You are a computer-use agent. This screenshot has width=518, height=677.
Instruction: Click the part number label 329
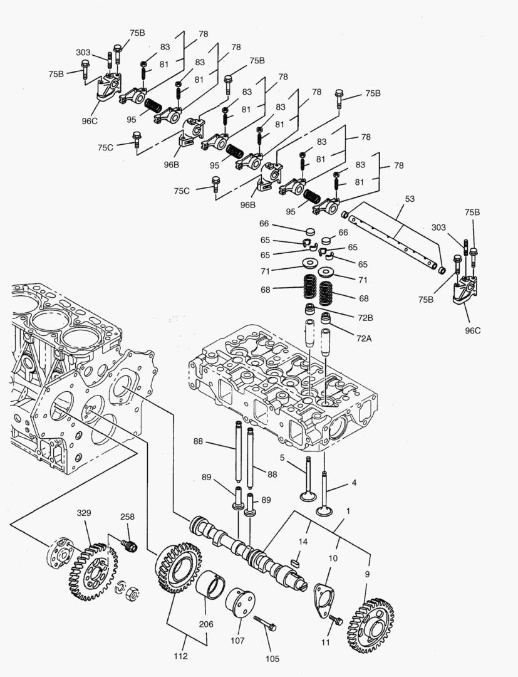click(84, 513)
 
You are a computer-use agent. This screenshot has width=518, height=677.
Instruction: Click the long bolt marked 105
click(267, 624)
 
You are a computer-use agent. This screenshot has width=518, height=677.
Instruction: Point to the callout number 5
click(282, 457)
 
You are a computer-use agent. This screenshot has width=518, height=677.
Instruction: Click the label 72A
click(365, 338)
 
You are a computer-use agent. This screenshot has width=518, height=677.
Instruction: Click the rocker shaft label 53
click(410, 200)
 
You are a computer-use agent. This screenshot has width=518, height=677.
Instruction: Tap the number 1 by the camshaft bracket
click(348, 511)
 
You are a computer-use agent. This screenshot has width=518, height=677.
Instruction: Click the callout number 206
click(206, 624)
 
